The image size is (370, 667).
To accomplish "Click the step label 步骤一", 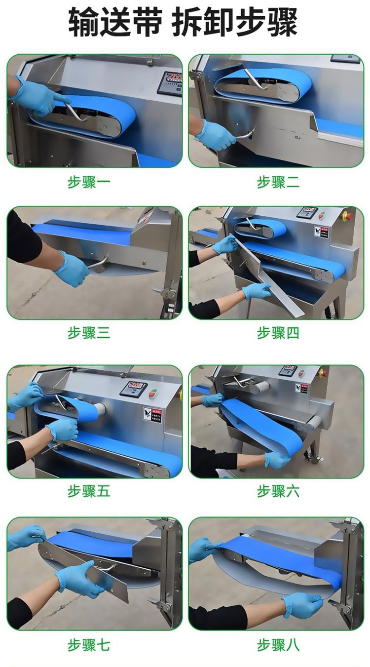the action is [x=89, y=182].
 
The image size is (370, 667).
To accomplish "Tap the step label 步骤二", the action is [x=278, y=182].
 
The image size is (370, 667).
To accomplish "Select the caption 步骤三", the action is [x=89, y=333].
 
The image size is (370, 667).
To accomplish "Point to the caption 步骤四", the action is [x=278, y=333].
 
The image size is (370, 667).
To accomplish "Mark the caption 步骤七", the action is [x=89, y=646].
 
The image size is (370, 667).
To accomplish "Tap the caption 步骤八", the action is [x=278, y=646].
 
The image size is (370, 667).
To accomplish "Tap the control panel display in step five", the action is [x=133, y=388].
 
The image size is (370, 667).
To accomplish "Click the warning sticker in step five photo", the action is [x=152, y=415].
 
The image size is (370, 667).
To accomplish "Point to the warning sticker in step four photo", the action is [x=322, y=232].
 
